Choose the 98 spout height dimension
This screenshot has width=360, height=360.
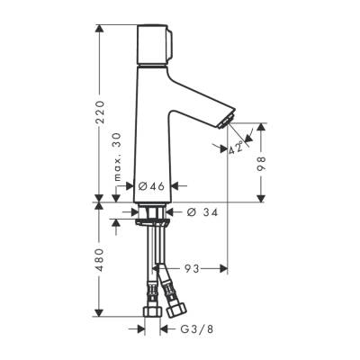[263, 162]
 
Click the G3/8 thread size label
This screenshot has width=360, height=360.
[191, 329]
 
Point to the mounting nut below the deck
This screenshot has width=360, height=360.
[152, 215]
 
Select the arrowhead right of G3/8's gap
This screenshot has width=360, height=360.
[165, 329]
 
